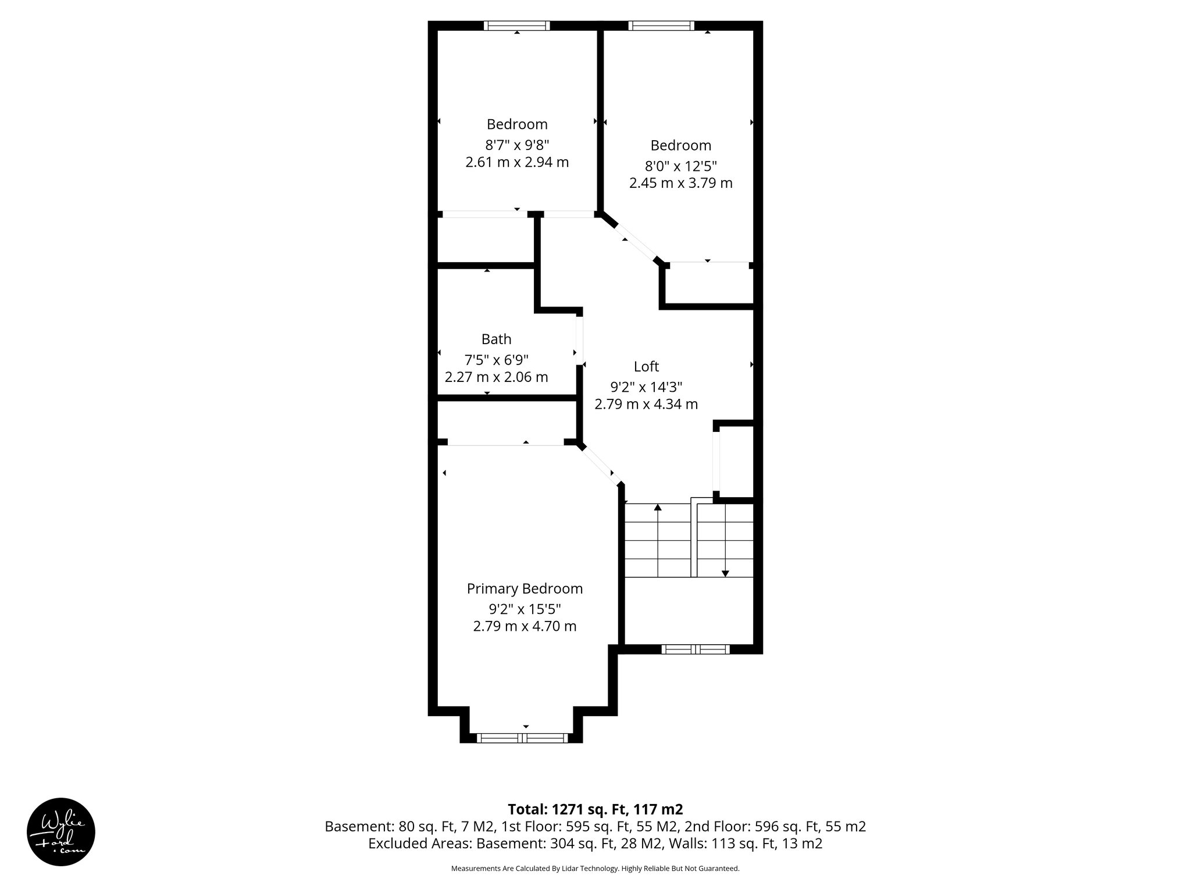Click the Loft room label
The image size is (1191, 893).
point(646,366)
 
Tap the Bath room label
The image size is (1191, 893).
point(496,339)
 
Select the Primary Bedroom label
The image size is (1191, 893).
point(525,589)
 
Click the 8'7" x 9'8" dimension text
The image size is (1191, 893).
point(517,145)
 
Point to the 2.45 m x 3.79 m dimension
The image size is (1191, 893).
point(680,183)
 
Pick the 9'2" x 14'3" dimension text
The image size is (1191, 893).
point(646,387)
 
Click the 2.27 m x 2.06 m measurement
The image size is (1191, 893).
point(496,377)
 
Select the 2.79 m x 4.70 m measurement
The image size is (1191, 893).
point(525,627)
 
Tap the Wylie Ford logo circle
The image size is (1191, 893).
point(61,832)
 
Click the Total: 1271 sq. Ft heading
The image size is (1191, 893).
point(595,809)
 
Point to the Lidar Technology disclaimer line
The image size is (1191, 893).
point(595,869)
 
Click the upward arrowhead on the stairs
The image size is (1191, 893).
point(658,508)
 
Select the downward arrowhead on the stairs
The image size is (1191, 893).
point(725,573)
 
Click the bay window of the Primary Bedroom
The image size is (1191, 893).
point(522,738)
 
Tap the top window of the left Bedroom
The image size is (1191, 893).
point(516,26)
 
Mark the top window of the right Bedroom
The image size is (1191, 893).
point(661,26)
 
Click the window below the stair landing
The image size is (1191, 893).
point(695,649)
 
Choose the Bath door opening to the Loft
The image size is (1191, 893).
point(580,340)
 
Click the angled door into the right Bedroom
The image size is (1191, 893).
point(636,242)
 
